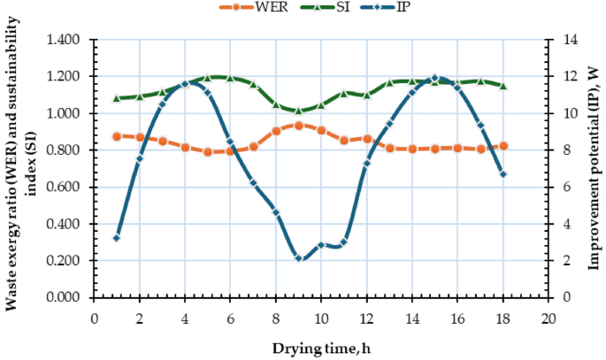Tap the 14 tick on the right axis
pos(564,40)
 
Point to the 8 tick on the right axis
pos(562,150)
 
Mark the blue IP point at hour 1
pos(117,238)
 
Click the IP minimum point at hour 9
pos(299,258)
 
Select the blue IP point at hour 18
pos(503,174)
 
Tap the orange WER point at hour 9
pos(299,126)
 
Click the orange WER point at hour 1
pos(117,136)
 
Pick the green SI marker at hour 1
pos(117,98)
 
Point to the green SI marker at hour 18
pos(503,86)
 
